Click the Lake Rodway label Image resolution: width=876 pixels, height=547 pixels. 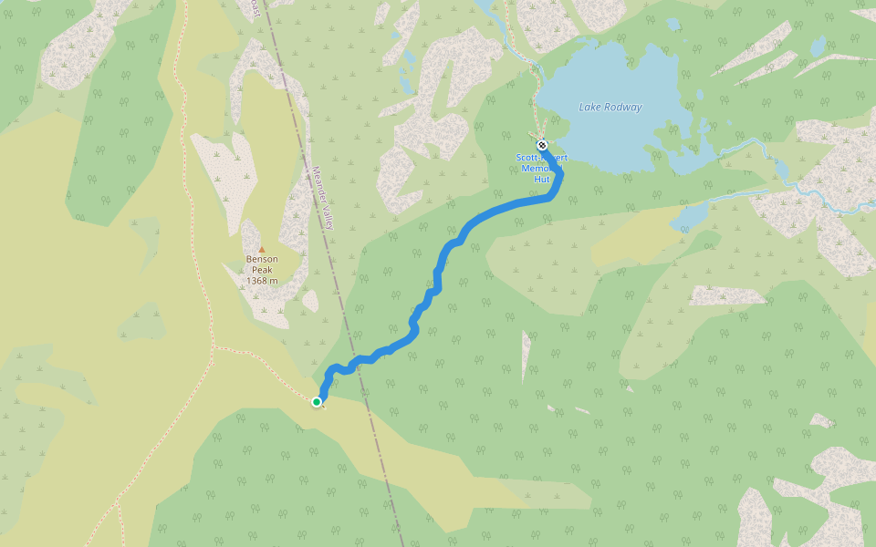(610, 108)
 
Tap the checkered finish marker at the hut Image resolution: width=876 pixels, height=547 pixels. (542, 145)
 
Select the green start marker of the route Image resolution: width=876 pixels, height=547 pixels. (317, 402)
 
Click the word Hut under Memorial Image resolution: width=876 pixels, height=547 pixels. (541, 180)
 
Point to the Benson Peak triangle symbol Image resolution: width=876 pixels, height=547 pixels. (261, 249)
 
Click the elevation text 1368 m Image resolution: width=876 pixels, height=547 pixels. (261, 281)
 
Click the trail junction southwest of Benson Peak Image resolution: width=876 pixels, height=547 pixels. (213, 347)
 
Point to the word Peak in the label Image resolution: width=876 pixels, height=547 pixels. (261, 270)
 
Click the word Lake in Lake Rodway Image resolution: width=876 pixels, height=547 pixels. (589, 108)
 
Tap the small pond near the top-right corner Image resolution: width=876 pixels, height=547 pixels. (819, 45)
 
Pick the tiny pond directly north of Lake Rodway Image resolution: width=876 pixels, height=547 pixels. (673, 24)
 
